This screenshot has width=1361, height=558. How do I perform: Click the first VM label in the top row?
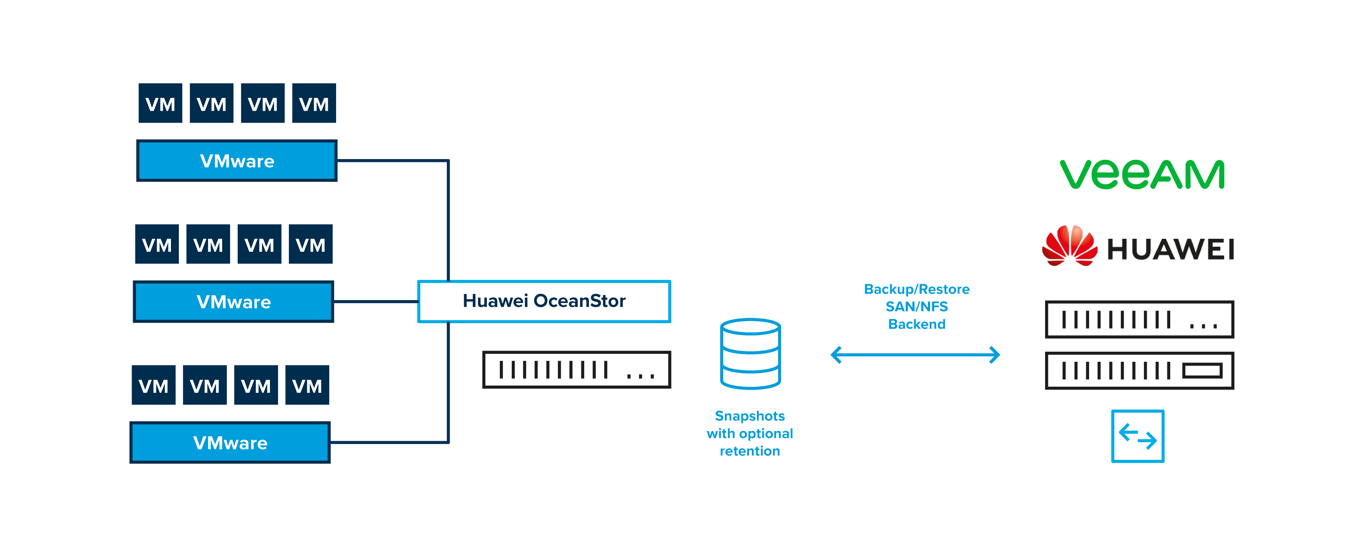coord(160,105)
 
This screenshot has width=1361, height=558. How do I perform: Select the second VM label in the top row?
coord(211,105)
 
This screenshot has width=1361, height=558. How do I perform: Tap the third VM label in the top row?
coord(263,105)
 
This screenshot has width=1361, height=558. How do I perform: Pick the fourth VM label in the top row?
coord(314,105)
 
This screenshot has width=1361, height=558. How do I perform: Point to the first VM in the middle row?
coord(157,245)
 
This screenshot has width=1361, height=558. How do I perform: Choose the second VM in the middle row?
coord(208,245)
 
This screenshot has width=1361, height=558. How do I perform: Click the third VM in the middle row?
coord(259,245)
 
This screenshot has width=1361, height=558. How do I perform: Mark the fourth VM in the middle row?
coord(310,245)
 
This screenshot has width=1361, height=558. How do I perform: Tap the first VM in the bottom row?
coord(153,386)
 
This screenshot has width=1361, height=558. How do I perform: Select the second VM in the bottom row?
coord(204,386)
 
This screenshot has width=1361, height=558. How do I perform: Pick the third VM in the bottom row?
coord(256,386)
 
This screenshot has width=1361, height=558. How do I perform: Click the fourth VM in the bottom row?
coord(307,386)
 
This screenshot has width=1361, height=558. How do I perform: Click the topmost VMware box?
coord(237,161)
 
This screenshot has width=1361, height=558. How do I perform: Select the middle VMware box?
coord(234,302)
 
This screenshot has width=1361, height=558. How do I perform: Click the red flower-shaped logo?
coord(1071,244)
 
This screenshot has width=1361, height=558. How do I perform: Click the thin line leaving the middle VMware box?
coord(376,301)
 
